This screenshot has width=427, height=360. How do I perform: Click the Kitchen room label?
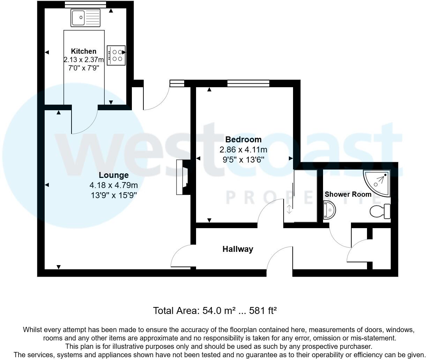point(83,51)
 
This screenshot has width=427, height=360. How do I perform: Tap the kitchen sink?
point(85,18)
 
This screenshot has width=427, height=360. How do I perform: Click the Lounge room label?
point(113,175)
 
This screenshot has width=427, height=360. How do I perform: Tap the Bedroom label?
point(243,140)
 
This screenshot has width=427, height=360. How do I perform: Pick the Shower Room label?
point(348,194)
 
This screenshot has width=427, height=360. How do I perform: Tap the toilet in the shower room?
point(380,211)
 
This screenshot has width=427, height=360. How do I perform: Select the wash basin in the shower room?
point(330,210)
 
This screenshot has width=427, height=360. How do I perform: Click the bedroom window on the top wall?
point(248,83)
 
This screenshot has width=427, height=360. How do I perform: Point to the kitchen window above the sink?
point(85,4)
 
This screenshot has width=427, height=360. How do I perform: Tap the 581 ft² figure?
point(263,310)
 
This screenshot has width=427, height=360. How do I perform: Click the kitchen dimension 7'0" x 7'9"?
point(83,68)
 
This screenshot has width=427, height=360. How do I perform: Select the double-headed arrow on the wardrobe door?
point(289,210)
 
